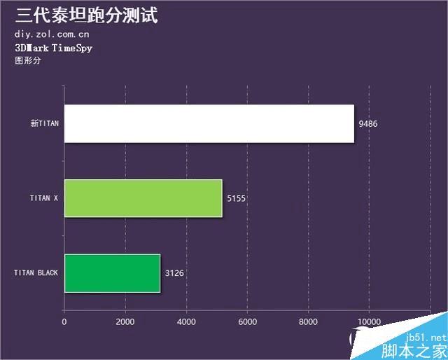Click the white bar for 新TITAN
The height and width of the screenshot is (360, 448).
[x=209, y=124]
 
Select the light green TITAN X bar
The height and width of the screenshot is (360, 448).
[x=143, y=198]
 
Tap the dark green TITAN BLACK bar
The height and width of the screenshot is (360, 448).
[x=112, y=272]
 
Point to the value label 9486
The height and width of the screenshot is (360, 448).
[x=367, y=124]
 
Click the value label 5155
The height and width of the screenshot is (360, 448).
[x=237, y=198]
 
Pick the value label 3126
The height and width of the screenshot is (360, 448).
[x=174, y=272]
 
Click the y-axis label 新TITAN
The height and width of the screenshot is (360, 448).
[x=45, y=124]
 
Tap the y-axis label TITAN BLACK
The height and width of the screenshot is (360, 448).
[x=36, y=272]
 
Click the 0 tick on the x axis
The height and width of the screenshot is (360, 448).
[x=64, y=322]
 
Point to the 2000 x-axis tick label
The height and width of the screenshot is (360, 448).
[x=125, y=322]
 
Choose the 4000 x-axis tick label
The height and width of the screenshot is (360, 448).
[x=186, y=322]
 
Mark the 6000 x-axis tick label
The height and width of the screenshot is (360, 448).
[x=247, y=322]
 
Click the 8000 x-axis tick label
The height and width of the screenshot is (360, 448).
[x=308, y=322]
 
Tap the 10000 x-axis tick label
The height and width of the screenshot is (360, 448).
[x=369, y=322]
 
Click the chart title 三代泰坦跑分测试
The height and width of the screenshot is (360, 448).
[x=86, y=15]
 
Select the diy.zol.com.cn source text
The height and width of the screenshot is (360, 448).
[x=52, y=34]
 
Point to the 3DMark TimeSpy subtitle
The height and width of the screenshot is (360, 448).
[x=53, y=48]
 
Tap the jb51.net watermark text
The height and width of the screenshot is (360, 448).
[x=421, y=337]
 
